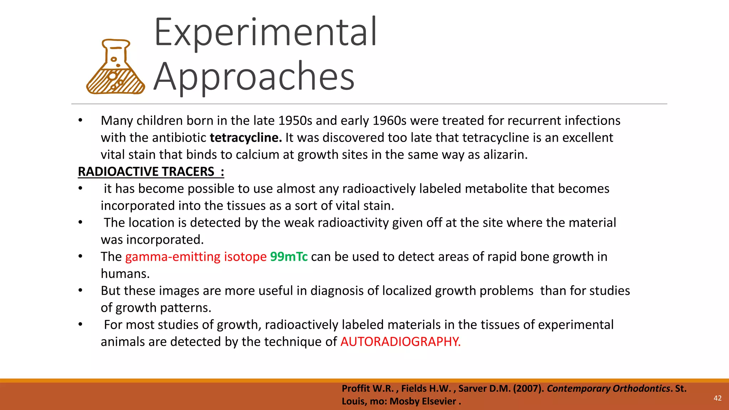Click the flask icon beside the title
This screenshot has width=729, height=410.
pos(115,67)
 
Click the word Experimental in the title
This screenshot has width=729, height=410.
pos(265,33)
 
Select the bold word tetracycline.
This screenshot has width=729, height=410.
pos(246,138)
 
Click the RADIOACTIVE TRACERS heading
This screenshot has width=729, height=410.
pos(151,172)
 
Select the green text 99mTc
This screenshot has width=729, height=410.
pos(289,257)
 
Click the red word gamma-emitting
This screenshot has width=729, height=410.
pos(173,257)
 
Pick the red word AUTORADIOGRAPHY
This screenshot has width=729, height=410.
pos(400,342)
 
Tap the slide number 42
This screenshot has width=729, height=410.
pos(717,398)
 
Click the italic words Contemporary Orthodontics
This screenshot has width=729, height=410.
pos(608,388)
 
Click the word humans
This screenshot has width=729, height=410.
pos(125,274)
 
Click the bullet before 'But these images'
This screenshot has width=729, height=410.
pos(80,291)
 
